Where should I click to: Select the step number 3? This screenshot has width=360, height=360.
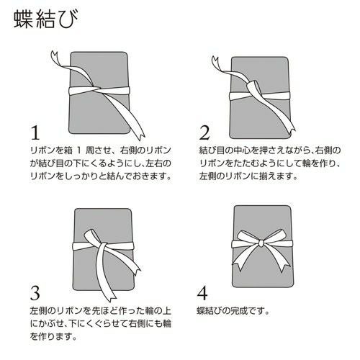click(x=33, y=294)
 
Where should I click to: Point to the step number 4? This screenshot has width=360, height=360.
click(x=204, y=294)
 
